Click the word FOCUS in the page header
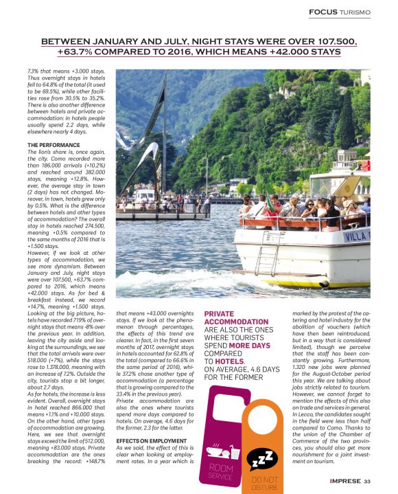325,12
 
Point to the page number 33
367,480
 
